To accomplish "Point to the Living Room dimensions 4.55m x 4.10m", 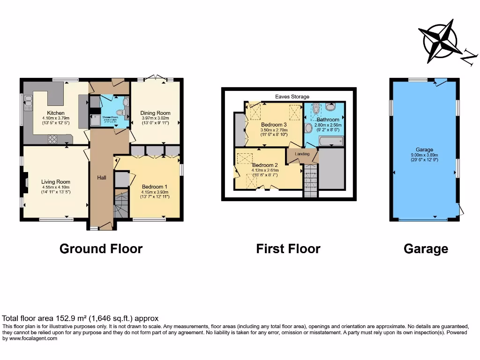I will pyautogui.click(x=55, y=189).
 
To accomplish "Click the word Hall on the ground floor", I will pyautogui.click(x=102, y=178).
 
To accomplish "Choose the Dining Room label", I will pyautogui.click(x=155, y=113).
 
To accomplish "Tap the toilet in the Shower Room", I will pyautogui.click(x=121, y=112).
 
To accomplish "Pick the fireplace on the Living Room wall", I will pyautogui.click(x=27, y=182).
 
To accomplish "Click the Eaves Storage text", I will pyautogui.click(x=292, y=97).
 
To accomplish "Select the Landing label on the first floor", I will pyautogui.click(x=302, y=154).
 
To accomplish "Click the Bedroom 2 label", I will pyautogui.click(x=265, y=165).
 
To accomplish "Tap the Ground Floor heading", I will pyautogui.click(x=101, y=248).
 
